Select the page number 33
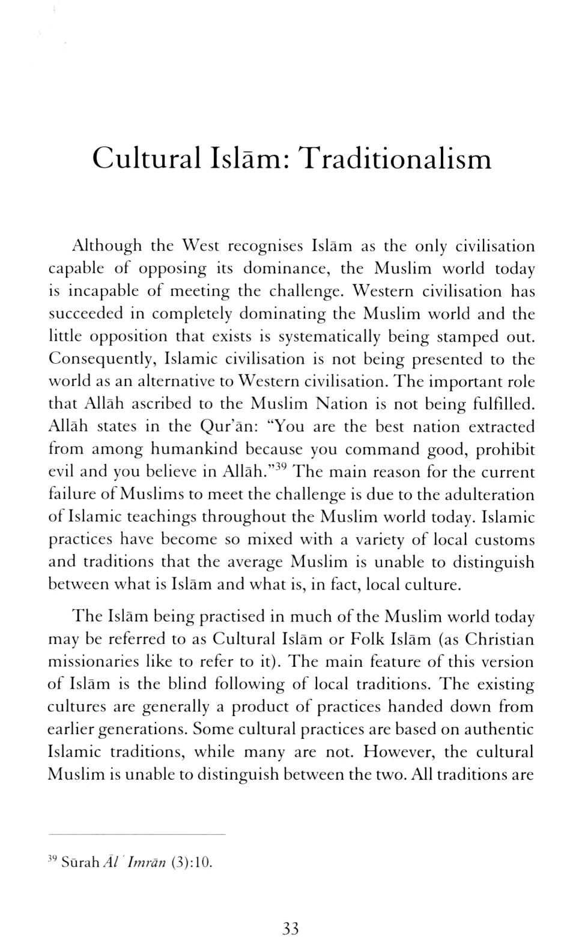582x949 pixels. pos(290,929)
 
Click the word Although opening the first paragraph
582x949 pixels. pos(107,246)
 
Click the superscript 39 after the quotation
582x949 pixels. pos(285,468)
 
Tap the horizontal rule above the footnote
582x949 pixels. pos(136,834)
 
